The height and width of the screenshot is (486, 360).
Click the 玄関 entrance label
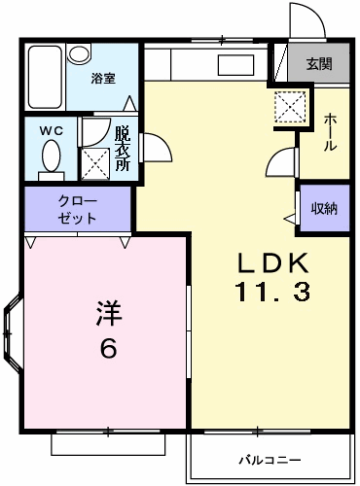click(x=319, y=63)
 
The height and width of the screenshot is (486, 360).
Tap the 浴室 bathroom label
click(x=103, y=79)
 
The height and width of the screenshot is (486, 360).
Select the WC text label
click(x=52, y=131)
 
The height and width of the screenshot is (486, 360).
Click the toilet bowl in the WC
click(x=52, y=156)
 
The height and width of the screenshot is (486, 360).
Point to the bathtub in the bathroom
click(x=45, y=77)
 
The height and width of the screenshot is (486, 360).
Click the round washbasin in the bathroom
click(x=79, y=53)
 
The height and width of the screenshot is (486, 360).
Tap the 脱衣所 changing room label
click(x=123, y=149)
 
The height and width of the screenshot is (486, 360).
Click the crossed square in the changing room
click(x=94, y=163)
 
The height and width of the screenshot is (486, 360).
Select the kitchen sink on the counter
click(x=235, y=65)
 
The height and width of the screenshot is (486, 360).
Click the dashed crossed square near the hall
click(x=290, y=107)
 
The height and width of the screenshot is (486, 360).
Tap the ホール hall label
click(x=330, y=132)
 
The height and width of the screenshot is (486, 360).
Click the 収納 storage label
click(x=324, y=208)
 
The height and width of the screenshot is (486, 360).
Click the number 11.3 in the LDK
click(x=273, y=292)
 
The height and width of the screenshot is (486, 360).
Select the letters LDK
click(x=272, y=262)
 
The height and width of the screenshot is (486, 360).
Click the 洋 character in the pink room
click(x=108, y=313)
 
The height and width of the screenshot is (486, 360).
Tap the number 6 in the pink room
click(x=108, y=348)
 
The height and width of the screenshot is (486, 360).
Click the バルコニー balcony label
click(x=270, y=460)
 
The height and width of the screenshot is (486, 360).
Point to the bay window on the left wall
click(x=13, y=332)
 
